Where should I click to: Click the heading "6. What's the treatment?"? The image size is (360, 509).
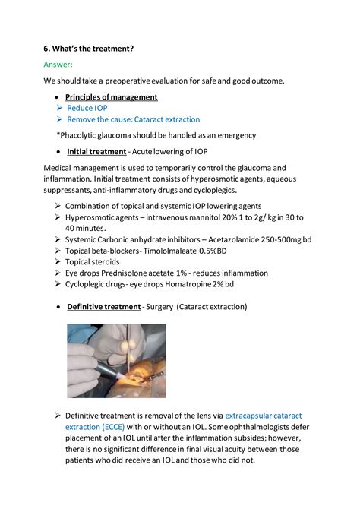[x=88, y=49]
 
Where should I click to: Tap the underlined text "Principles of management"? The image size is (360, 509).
[x=111, y=97]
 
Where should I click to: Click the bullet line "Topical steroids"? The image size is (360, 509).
[x=92, y=261]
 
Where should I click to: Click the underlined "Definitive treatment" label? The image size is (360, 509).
[x=103, y=307]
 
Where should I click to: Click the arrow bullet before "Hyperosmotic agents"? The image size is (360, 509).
[x=58, y=217]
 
